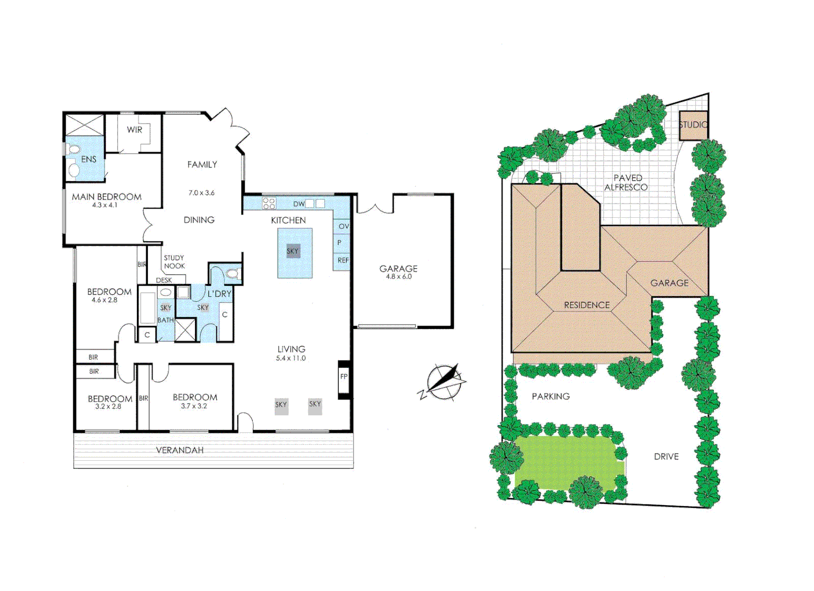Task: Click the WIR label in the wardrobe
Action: pos(134,130)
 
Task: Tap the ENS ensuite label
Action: pos(89,159)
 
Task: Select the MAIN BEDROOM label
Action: pos(107,196)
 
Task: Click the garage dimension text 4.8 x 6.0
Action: pos(399,277)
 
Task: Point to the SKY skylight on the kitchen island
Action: pos(293,251)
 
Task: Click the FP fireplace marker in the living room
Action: pos(344,376)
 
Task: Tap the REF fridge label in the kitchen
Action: pos(343,260)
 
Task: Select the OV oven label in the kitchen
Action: pos(344,226)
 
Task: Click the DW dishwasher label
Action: pos(299,204)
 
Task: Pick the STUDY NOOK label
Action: pos(174,262)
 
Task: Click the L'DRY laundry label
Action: pos(220,294)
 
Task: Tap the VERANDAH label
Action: pos(180,450)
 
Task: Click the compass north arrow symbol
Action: pos(444,381)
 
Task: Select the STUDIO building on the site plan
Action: pos(693,125)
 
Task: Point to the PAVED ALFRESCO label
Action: pos(627,182)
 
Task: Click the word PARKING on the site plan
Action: pos(551,396)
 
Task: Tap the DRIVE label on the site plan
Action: pos(666,456)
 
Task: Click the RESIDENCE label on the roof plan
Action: pos(587,305)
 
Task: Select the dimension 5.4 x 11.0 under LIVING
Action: pos(291,358)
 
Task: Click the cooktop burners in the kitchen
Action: pos(269,204)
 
